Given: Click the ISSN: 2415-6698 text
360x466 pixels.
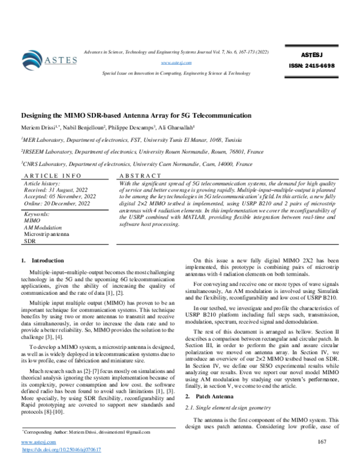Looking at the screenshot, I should coord(314,66).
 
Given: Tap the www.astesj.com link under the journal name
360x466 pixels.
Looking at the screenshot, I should coord(176,62).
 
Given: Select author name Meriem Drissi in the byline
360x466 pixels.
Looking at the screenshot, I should coord(40,129).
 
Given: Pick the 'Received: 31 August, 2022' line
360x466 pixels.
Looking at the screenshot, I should coord(55,189).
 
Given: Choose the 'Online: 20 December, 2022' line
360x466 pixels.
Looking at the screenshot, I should coord(56,204).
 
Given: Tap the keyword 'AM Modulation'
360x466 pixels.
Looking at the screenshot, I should coord(43,228).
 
